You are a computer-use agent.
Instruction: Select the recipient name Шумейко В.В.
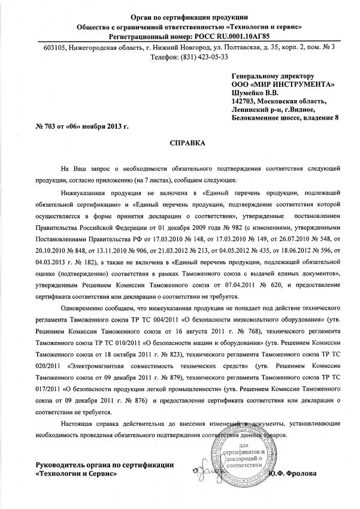tap(255, 93)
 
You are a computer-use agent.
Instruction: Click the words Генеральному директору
tap(273, 77)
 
